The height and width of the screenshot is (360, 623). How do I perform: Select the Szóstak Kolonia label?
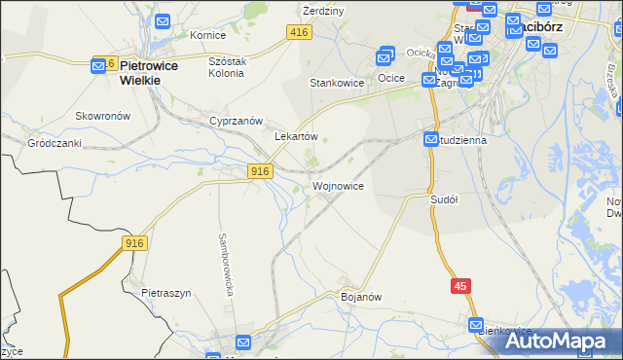pyautogui.click(x=231, y=66)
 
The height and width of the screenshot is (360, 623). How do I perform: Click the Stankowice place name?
pyautogui.click(x=337, y=83)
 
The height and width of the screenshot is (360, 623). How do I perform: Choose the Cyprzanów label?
pyautogui.click(x=237, y=121)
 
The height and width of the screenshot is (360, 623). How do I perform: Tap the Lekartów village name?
pyautogui.click(x=297, y=137)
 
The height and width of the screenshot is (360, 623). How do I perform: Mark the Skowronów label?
pyautogui.click(x=103, y=115)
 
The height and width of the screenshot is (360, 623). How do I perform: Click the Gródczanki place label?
pyautogui.click(x=55, y=143)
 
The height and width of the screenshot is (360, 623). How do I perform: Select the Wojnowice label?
pyautogui.click(x=339, y=185)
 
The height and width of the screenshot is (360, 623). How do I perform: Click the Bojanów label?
pyautogui.click(x=360, y=296)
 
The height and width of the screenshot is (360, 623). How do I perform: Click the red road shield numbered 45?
pyautogui.click(x=461, y=285)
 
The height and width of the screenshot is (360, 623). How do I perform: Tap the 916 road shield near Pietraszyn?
pyautogui.click(x=135, y=243)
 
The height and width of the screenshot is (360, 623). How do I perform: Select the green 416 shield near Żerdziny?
pyautogui.click(x=299, y=33)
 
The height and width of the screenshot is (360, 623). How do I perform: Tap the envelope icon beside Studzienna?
pyautogui.click(x=431, y=141)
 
